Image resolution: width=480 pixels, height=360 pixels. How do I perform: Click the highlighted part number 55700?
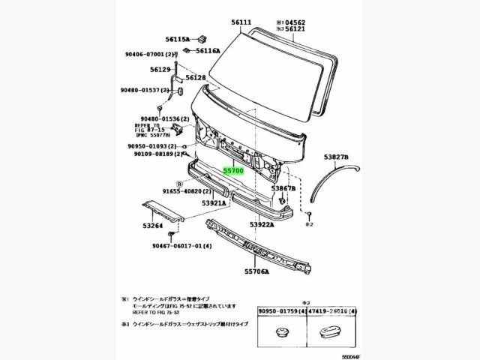(233, 171)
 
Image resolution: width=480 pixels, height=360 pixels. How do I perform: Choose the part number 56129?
(160, 68)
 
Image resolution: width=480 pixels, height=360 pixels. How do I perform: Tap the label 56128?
(196, 77)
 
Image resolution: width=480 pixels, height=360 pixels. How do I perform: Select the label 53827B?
(337, 157)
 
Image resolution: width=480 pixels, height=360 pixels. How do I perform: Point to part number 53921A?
(213, 203)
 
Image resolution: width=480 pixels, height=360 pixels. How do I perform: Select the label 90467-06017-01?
(178, 246)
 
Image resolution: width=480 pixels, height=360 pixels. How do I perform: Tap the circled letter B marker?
(179, 183)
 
